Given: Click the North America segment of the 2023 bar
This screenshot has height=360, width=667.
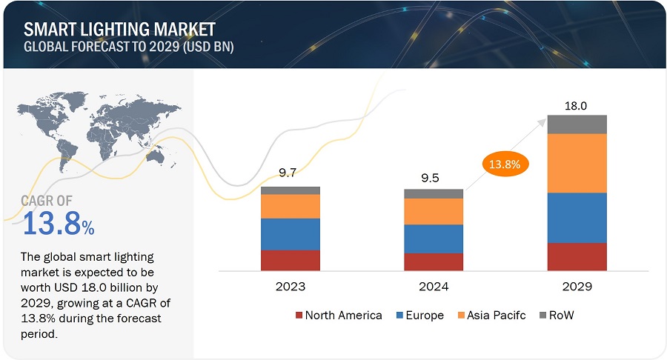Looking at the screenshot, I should tap(291, 260).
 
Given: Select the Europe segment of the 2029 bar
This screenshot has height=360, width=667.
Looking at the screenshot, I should tap(577, 218).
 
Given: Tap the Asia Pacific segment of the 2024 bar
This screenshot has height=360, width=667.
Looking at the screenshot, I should tap(434, 212).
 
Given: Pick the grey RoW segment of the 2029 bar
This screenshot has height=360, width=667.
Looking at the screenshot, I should tap(577, 124).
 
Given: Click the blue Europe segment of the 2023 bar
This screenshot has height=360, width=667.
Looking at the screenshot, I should tap(291, 234).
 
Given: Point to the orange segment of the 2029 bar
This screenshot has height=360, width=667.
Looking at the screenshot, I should tap(577, 163).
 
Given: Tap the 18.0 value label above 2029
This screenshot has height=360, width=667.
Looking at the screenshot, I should tap(576, 106).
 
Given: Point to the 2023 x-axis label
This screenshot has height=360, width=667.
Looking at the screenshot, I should tap(290, 286).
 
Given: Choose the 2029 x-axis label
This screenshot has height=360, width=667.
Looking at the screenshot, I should tap(577, 286).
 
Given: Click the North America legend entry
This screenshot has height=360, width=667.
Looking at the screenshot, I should tap(339, 315).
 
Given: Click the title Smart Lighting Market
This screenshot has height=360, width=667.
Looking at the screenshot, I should tap(119, 30).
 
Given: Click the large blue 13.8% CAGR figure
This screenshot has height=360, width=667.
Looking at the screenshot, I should tap(59, 223).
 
